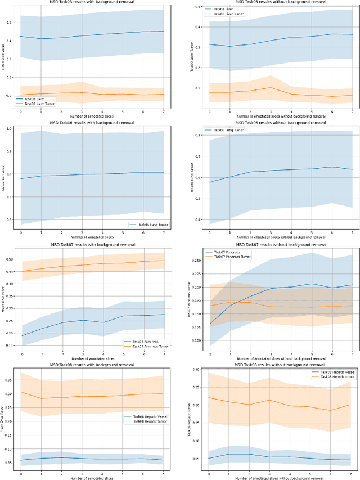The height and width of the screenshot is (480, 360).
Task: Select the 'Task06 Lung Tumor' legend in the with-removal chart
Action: (147, 225)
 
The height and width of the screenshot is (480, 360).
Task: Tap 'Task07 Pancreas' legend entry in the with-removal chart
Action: (144, 341)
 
